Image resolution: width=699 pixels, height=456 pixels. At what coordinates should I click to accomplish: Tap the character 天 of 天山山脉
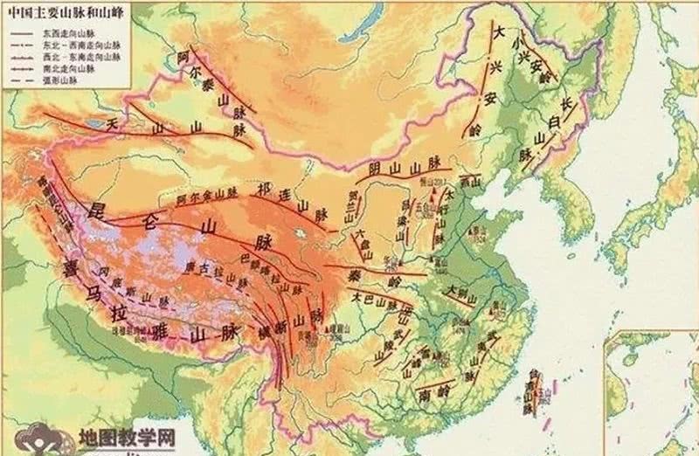tap(111, 125)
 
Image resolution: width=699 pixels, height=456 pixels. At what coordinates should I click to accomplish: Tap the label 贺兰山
tap(353, 203)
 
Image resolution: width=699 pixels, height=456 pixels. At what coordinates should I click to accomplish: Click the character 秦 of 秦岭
tap(362, 273)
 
